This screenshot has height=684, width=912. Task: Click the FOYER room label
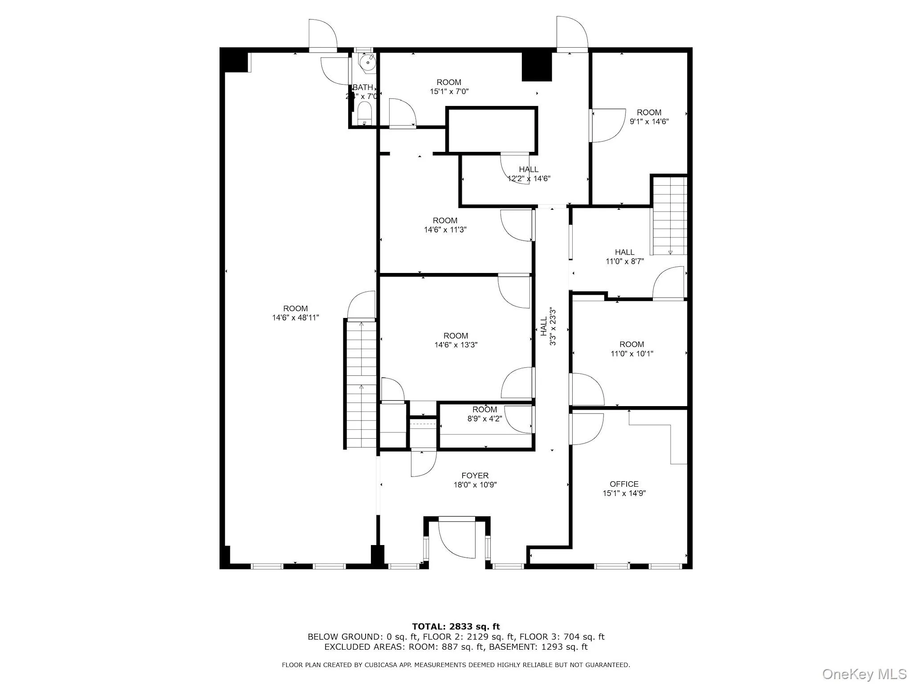tap(475, 476)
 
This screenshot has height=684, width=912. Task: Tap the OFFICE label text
tap(624, 484)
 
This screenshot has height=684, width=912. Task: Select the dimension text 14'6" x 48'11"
tap(296, 318)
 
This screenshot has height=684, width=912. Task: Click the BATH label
tap(362, 87)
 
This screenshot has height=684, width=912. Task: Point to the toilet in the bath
tap(364, 114)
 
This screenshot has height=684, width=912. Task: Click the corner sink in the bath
tap(368, 63)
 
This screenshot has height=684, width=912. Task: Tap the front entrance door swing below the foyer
tap(457, 539)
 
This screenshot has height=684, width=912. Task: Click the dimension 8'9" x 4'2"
tap(484, 419)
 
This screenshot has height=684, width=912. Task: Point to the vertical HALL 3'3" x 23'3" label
tap(548, 326)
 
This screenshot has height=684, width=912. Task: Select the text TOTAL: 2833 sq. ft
tap(456, 627)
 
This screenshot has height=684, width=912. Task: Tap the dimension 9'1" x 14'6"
tap(649, 122)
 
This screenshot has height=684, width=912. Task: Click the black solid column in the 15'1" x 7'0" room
tap(537, 67)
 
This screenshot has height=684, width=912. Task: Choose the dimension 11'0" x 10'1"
tap(631, 354)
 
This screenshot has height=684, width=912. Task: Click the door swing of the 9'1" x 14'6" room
tap(608, 126)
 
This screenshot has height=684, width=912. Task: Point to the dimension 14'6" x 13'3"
tap(456, 345)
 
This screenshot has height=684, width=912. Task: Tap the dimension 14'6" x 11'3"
tap(445, 230)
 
